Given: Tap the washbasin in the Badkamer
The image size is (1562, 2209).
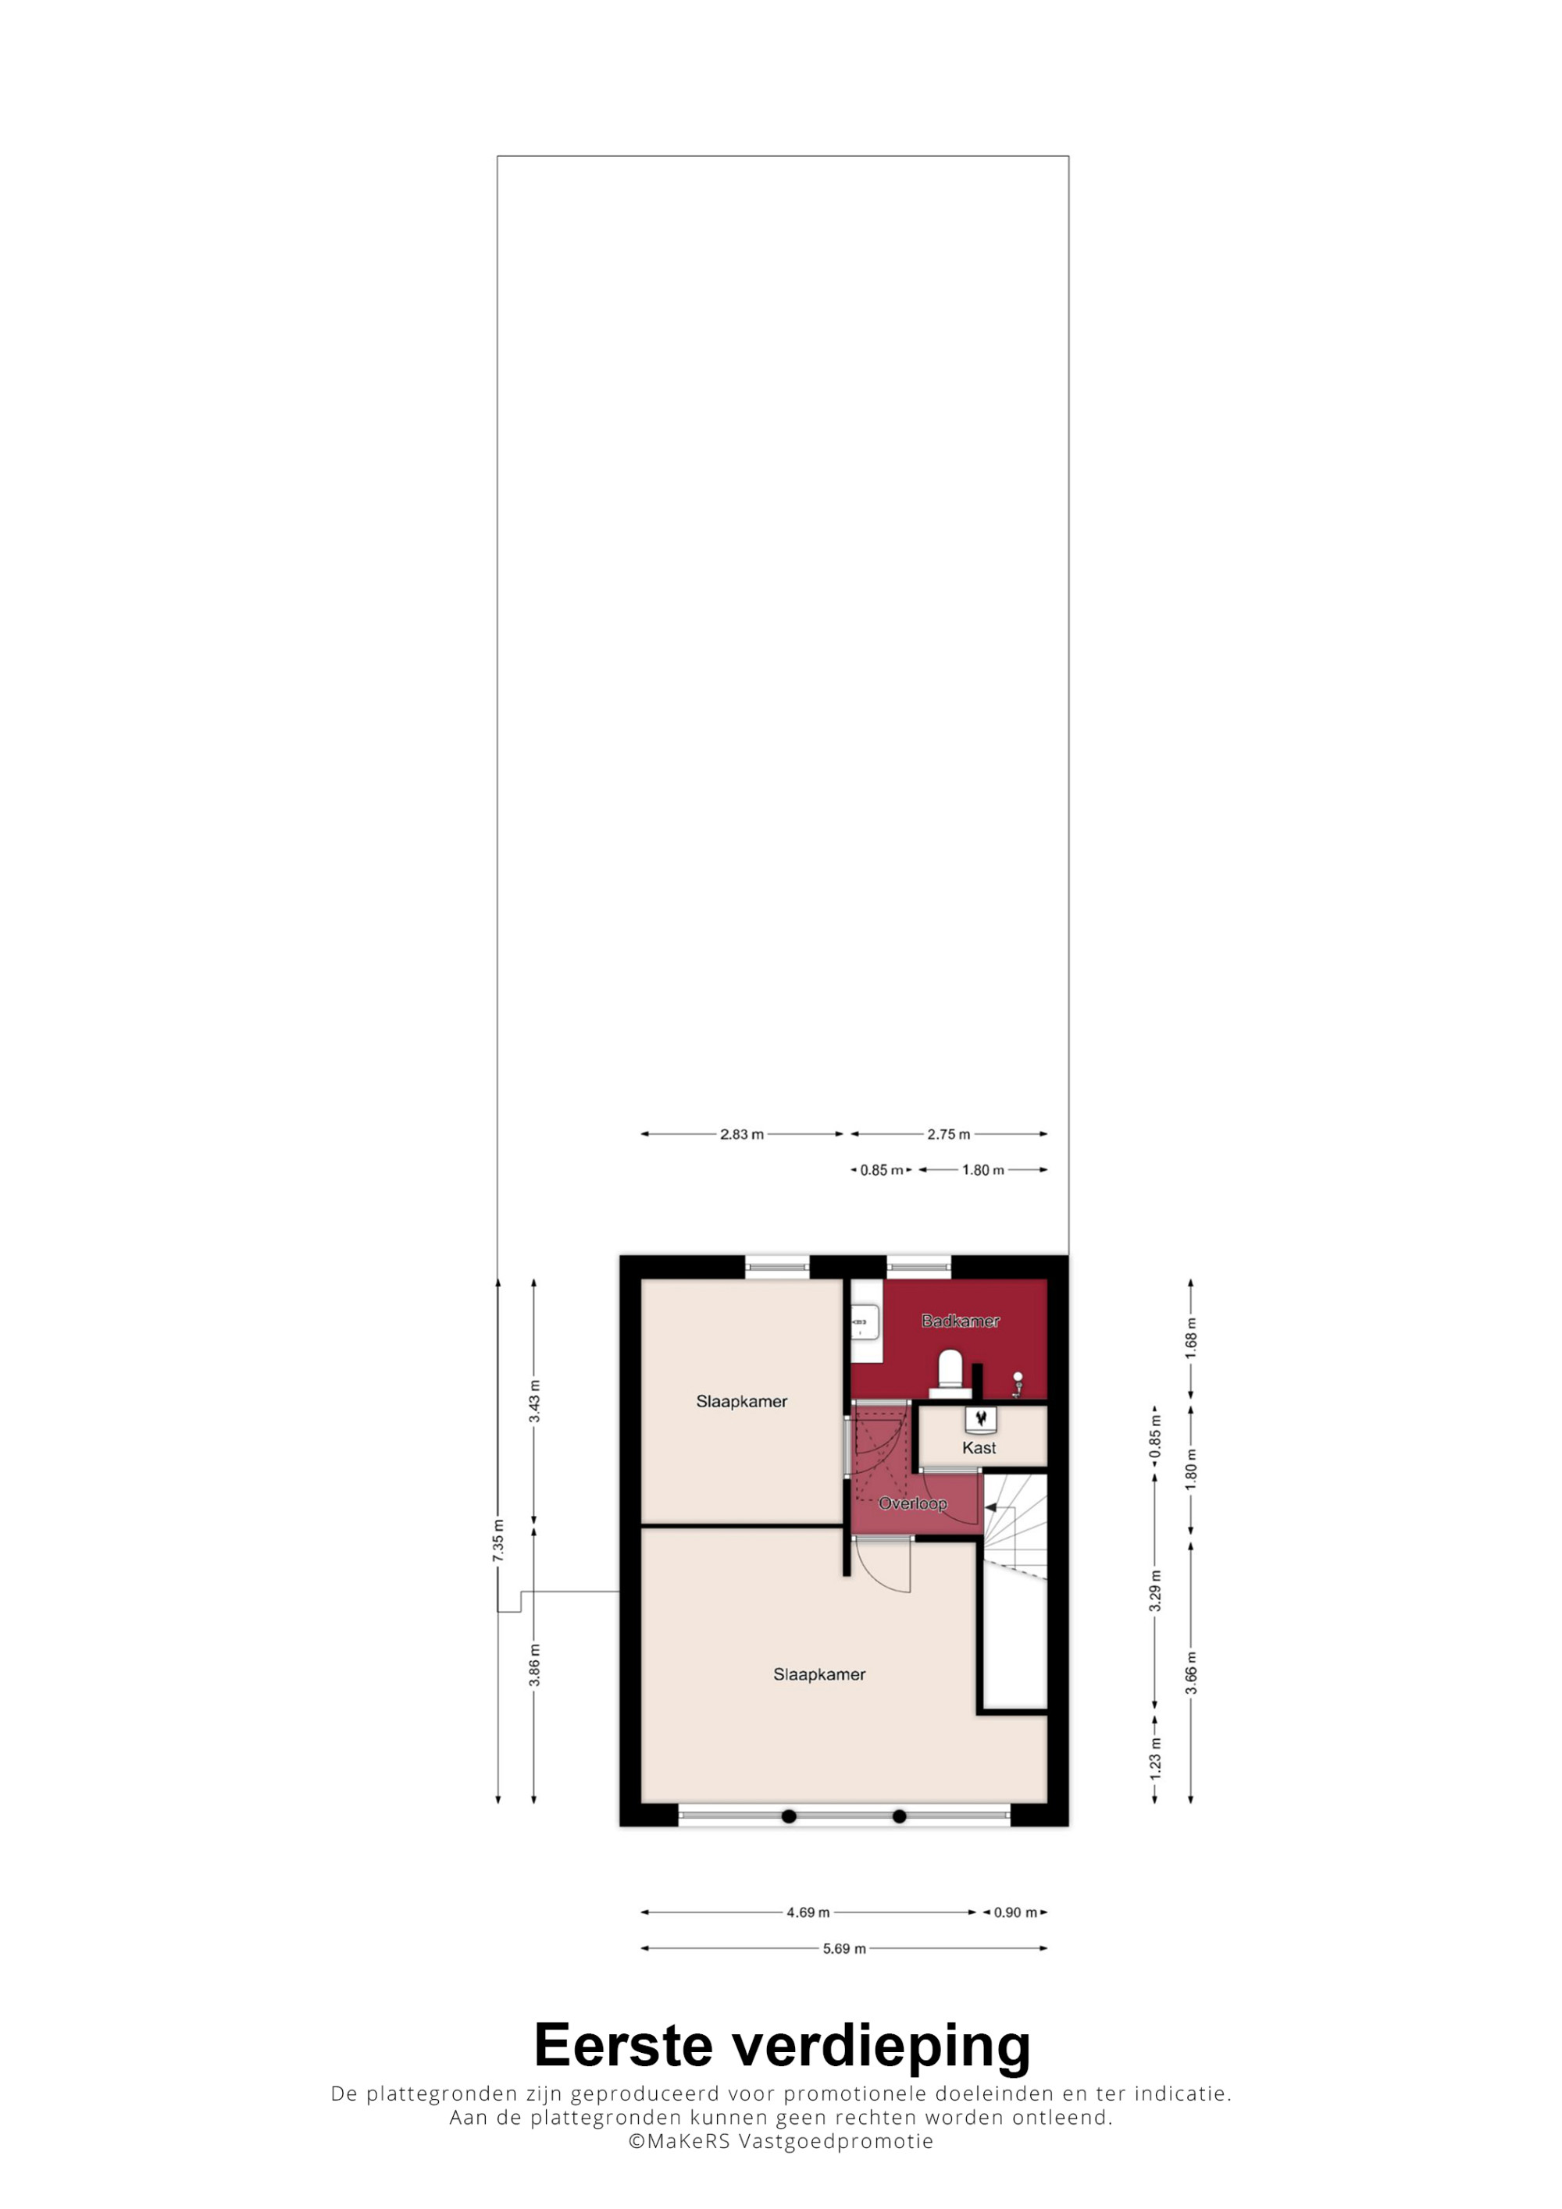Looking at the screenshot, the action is tap(866, 1325).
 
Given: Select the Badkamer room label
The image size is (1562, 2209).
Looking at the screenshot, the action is tap(961, 1321).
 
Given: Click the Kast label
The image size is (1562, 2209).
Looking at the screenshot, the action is tap(979, 1448).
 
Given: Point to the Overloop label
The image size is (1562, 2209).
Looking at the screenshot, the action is tap(912, 1504).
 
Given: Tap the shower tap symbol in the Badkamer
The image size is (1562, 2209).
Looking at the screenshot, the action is tap(1018, 1383).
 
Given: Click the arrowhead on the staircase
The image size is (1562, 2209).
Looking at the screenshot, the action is tap(991, 1509).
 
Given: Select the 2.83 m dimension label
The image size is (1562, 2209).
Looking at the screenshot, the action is tap(741, 1134).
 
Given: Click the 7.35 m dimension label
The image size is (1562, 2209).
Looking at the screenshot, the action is tap(497, 1540).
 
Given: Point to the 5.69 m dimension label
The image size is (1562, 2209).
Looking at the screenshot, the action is tap(844, 1948).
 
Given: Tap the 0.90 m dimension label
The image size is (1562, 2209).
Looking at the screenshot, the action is tap(1015, 1912).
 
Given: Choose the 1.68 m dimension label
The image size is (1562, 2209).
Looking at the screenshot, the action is tap(1190, 1339).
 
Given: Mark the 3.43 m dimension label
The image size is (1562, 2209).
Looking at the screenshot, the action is tap(534, 1401).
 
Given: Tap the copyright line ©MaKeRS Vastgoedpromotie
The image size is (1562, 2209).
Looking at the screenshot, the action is tap(780, 2140).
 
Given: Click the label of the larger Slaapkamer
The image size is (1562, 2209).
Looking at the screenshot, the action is tap(819, 1674).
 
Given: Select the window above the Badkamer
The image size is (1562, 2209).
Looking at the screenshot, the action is tap(918, 1267).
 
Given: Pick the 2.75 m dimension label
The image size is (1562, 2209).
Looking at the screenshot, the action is tap(948, 1134).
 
